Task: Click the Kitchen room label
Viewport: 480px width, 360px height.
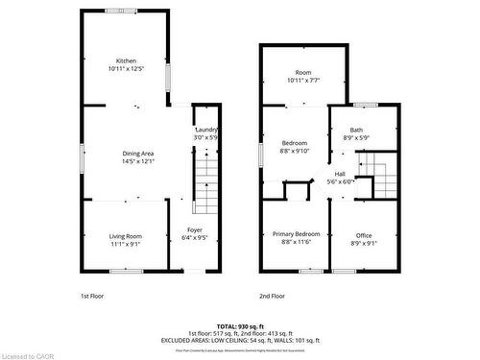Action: pos(126,60)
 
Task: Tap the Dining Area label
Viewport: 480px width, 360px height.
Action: pos(139,154)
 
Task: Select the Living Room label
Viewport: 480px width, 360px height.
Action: pos(125,235)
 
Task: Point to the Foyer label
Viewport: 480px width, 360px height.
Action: pos(194,229)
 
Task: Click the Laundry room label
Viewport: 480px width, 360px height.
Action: pos(207,130)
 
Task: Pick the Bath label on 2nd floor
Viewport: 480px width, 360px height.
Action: pos(356,130)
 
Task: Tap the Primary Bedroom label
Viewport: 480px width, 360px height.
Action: pos(294,234)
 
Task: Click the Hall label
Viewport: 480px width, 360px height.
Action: pos(341,173)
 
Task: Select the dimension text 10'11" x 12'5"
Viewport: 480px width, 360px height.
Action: pos(126,69)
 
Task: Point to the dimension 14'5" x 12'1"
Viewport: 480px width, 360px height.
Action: pos(139,161)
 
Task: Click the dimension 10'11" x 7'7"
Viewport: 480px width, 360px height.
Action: pos(303,81)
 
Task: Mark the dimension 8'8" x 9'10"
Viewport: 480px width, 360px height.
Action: pos(294,150)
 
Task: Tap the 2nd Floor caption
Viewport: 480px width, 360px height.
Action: pos(272,296)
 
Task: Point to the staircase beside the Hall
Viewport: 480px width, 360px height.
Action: pos(382,180)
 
